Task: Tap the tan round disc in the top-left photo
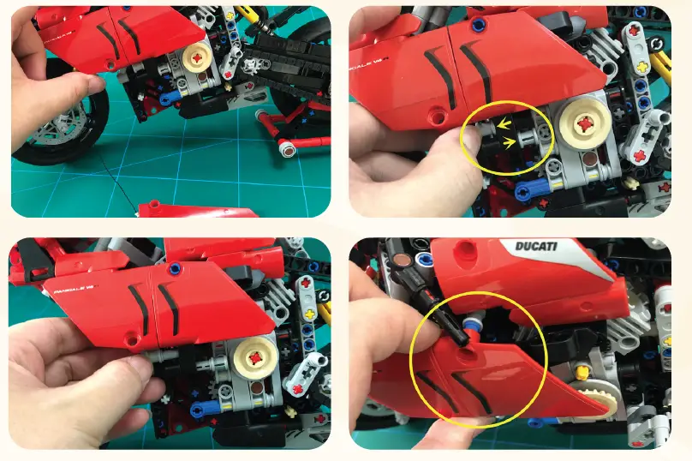coord(199,59)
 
